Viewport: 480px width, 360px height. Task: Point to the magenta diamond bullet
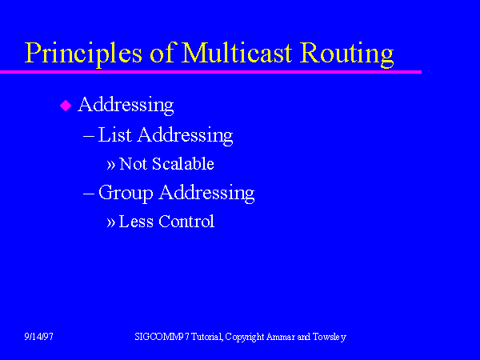[x=66, y=106]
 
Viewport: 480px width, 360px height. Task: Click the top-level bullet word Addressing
[x=126, y=105]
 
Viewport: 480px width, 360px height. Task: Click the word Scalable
[x=184, y=164]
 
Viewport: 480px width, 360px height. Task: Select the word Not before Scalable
[x=133, y=164]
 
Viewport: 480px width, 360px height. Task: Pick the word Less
[x=135, y=222]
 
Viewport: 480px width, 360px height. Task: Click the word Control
[x=186, y=222]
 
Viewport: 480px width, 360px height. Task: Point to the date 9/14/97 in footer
[x=38, y=337]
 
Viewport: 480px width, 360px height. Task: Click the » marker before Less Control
[x=111, y=222]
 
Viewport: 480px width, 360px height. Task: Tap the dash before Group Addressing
[x=89, y=193]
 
